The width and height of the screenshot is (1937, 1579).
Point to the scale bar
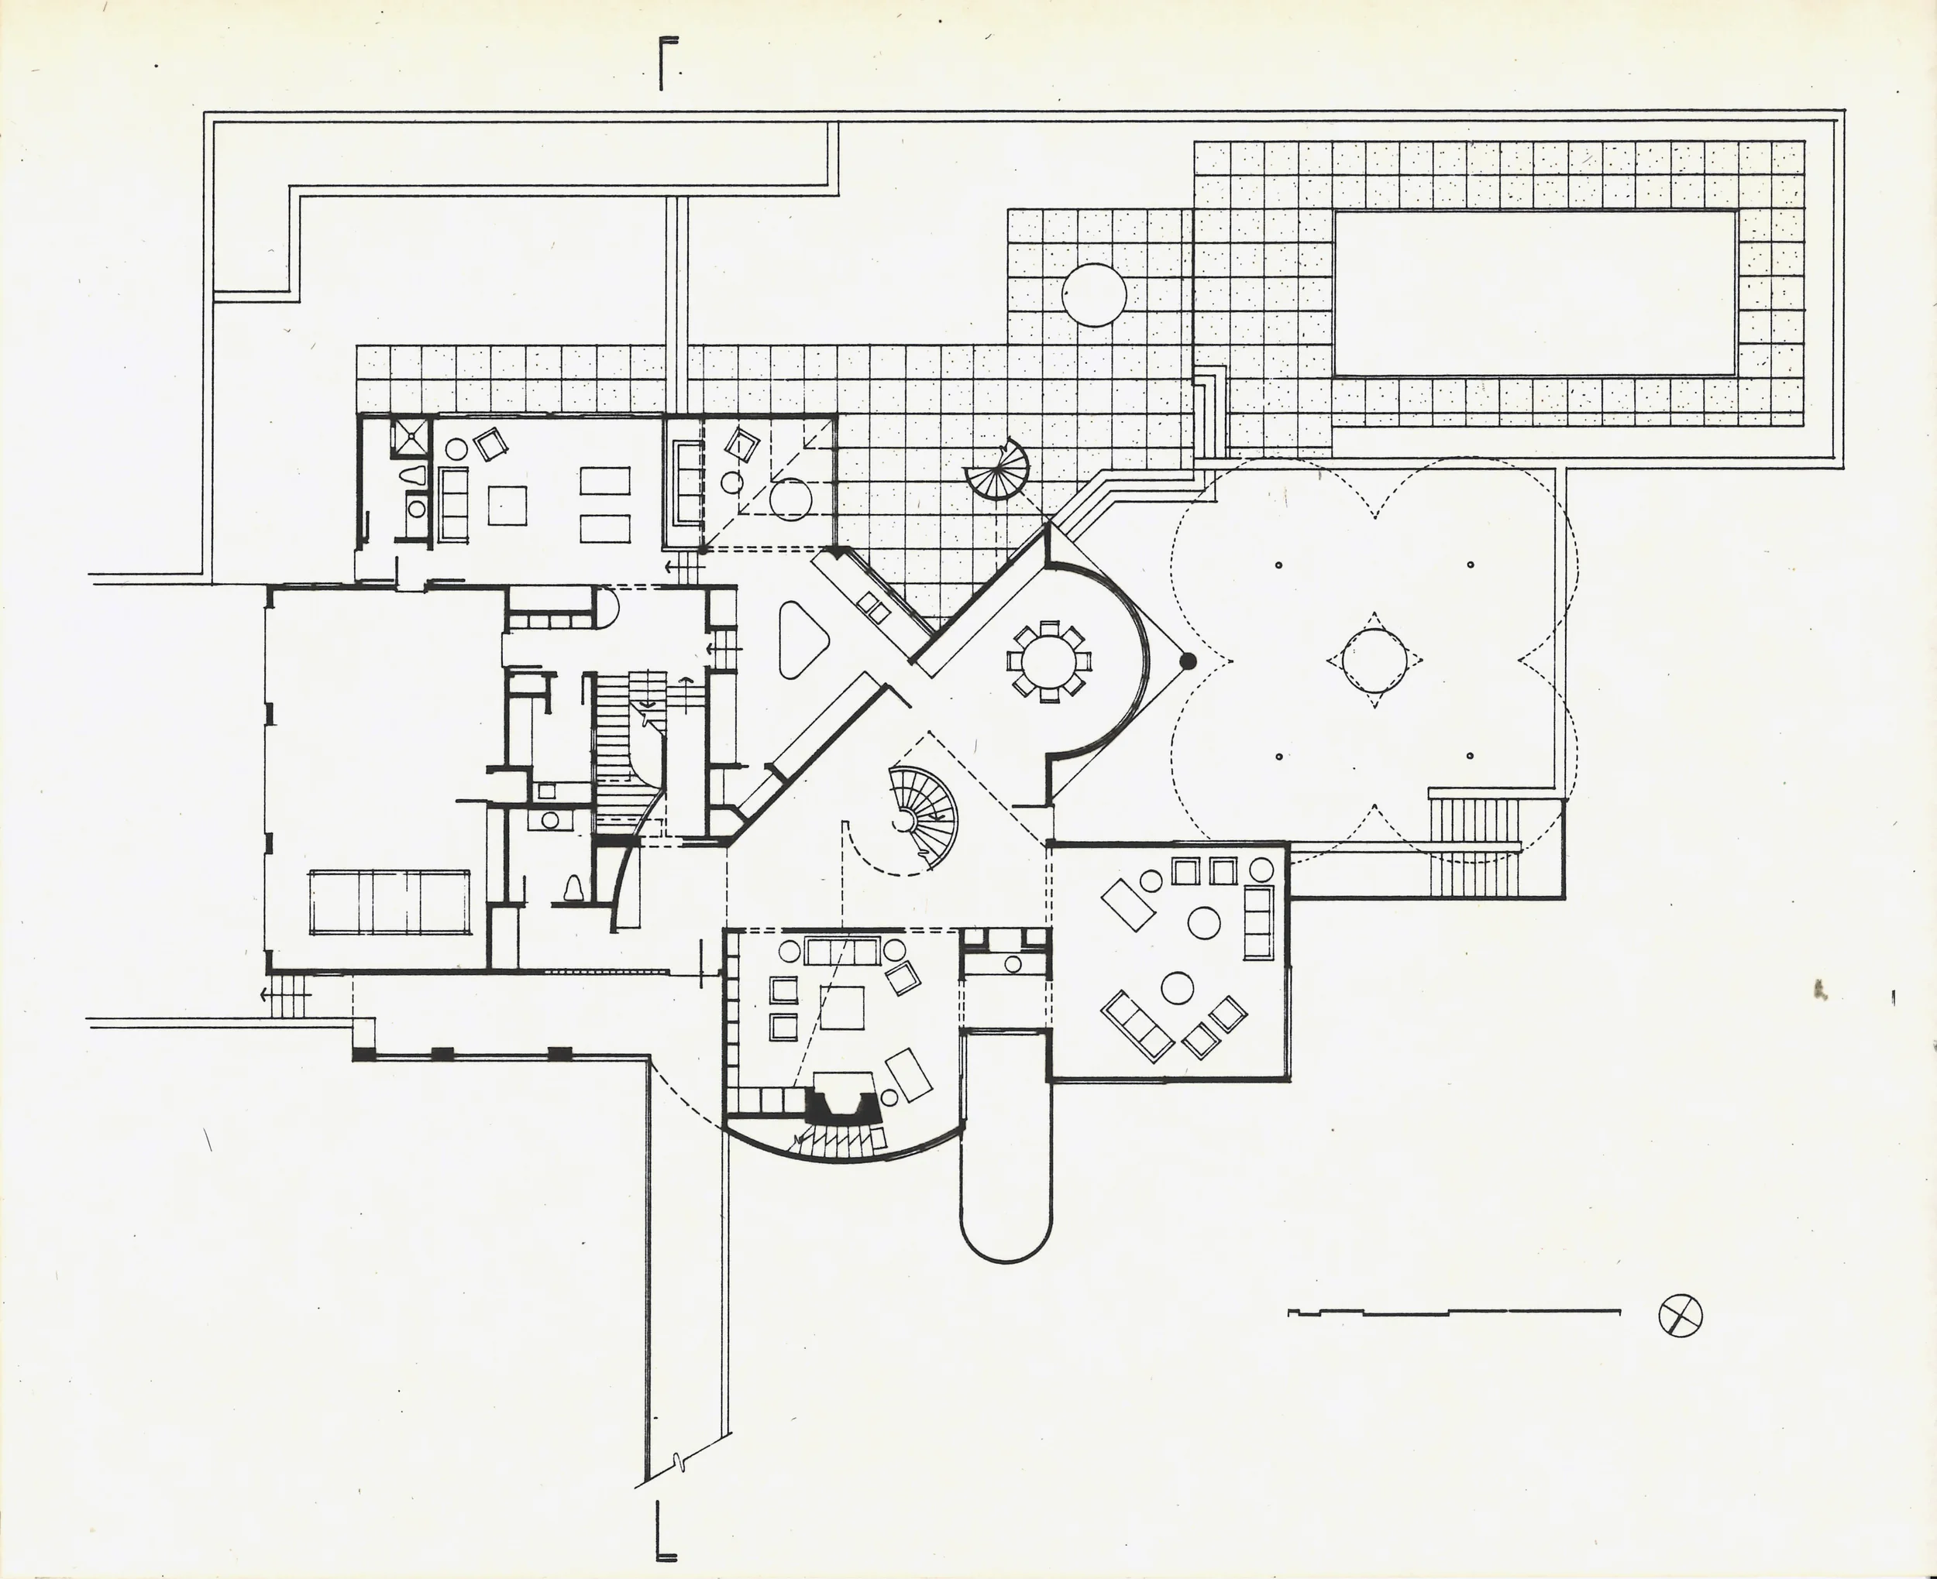point(1454,1313)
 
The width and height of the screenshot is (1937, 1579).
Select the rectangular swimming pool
point(1535,293)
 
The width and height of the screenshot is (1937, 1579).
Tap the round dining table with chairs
point(1048,661)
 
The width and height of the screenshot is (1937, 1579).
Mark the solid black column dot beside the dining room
point(1187,661)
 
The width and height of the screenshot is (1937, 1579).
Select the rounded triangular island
point(800,640)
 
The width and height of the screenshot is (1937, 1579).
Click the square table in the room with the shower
point(507,506)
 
